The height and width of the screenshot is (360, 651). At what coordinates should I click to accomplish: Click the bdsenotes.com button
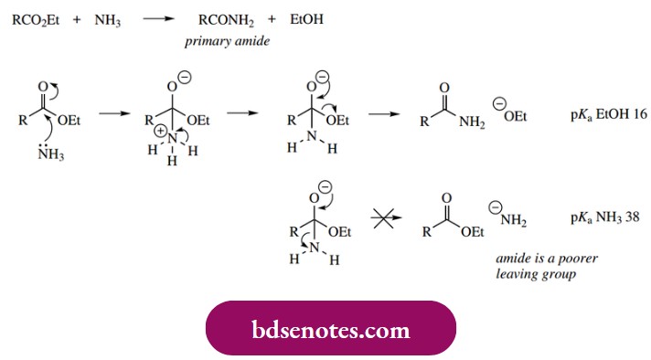330,327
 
